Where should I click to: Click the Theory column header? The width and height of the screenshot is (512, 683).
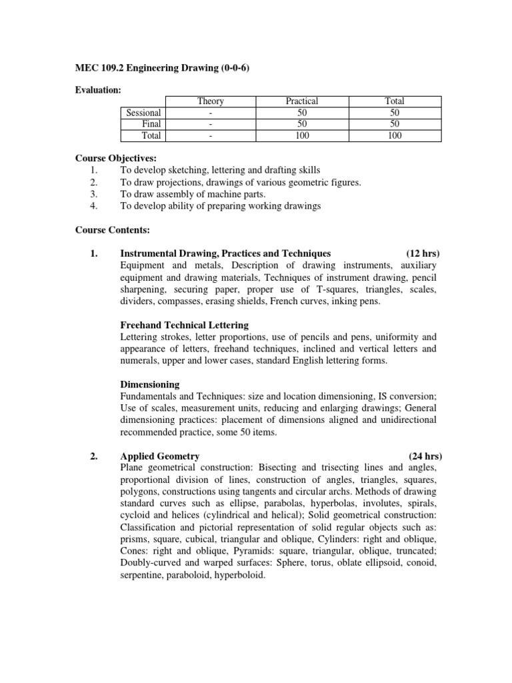(x=210, y=101)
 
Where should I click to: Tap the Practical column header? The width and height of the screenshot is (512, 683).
(x=302, y=101)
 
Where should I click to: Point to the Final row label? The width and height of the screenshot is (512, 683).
(x=151, y=124)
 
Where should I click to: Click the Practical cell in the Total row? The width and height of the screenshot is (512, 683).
(x=302, y=135)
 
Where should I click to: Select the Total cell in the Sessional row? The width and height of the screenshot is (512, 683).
(x=395, y=113)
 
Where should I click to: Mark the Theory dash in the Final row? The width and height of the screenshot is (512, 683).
(x=210, y=124)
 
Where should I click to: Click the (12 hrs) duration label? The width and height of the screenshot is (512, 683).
(x=423, y=253)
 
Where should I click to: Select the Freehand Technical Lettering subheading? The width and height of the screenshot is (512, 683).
(x=185, y=325)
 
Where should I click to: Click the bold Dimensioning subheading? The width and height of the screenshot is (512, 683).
(x=150, y=385)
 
